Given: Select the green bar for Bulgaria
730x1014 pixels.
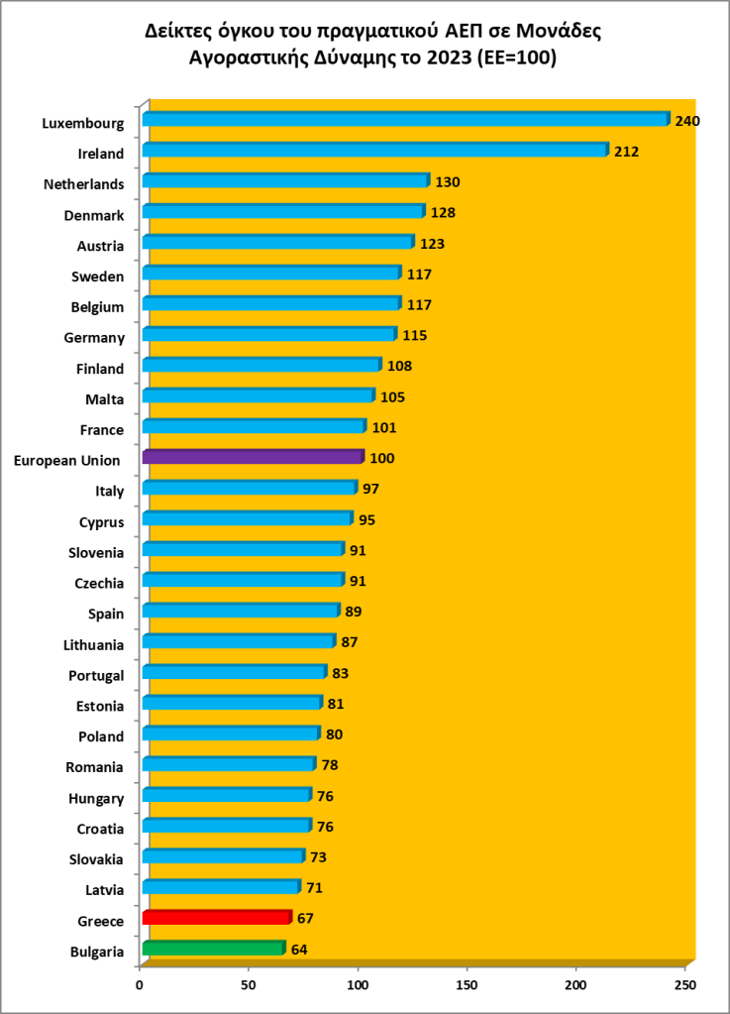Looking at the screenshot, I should (213, 949).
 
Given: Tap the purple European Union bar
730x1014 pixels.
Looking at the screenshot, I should (253, 457).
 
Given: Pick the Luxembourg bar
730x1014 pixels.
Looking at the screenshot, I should (406, 120).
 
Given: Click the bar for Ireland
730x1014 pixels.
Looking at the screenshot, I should (374, 151).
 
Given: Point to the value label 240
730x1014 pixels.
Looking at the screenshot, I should (687, 121).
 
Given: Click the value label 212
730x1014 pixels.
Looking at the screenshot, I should (626, 153).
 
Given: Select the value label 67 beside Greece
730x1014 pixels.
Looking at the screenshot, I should (305, 919).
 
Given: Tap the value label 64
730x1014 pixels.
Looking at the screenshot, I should (299, 950).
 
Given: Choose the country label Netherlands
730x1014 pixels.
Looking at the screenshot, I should (84, 184).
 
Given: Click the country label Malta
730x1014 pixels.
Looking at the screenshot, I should (104, 399).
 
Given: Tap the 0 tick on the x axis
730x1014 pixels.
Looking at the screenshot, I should (141, 984).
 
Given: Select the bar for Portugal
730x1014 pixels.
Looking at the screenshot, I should (234, 672).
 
